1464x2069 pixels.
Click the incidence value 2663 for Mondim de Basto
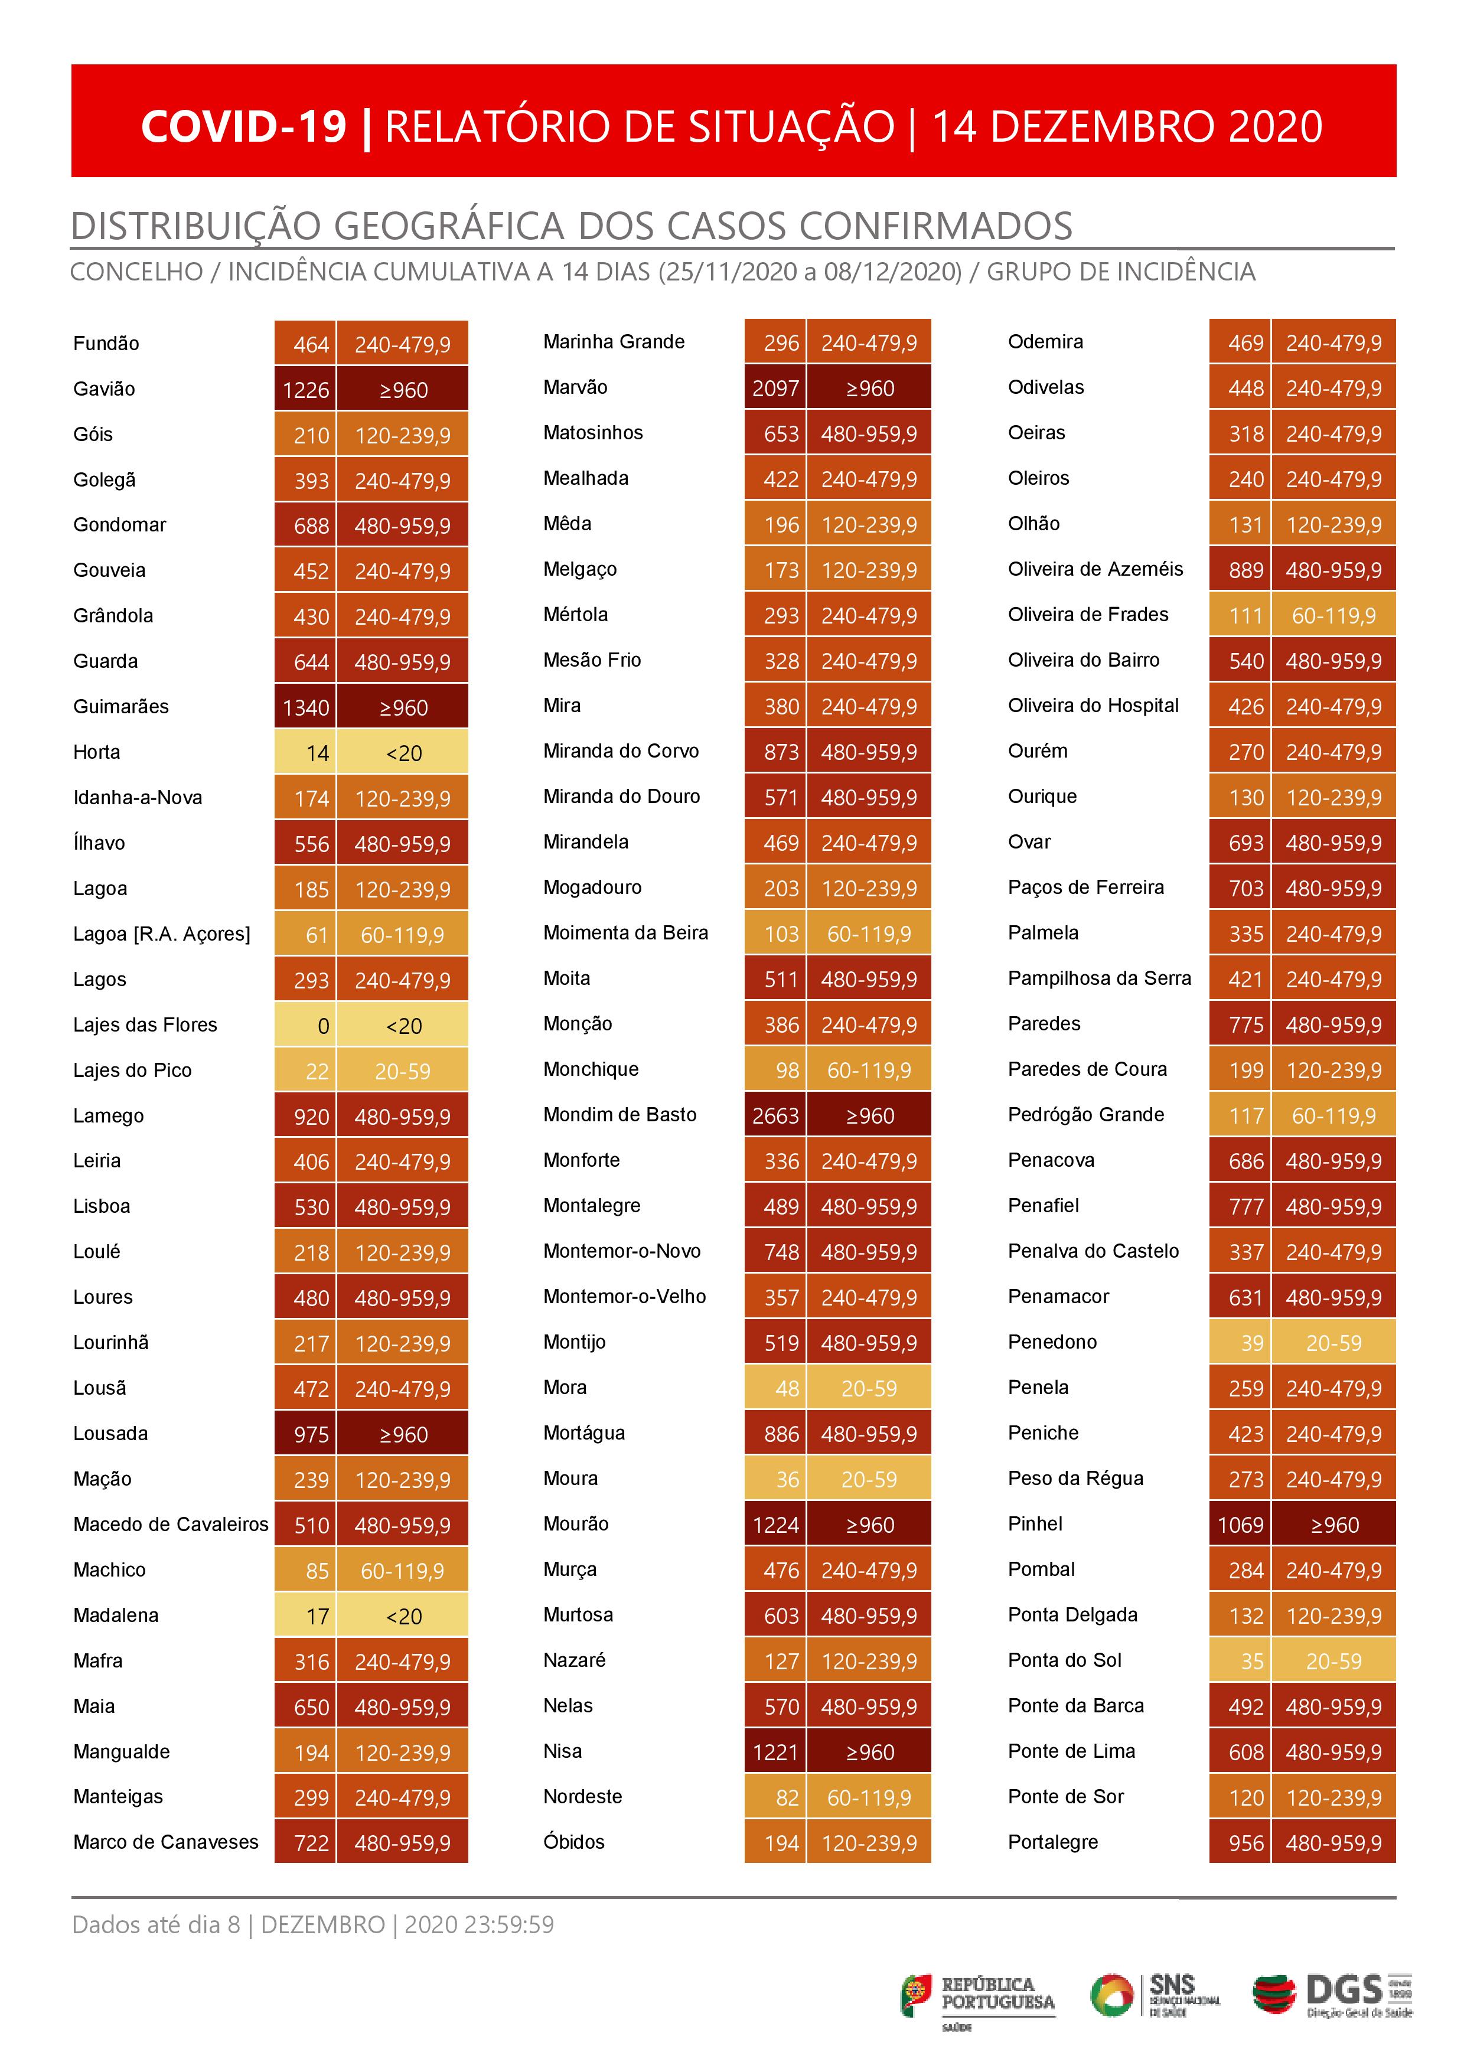(x=775, y=1115)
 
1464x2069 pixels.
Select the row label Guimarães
(x=121, y=706)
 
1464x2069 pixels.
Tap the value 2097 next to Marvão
(x=775, y=389)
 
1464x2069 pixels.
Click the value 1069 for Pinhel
(x=1240, y=1525)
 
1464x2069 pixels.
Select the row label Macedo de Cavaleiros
(x=171, y=1524)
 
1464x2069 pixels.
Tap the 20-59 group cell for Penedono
(x=1333, y=1343)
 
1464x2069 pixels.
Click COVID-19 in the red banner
(x=243, y=126)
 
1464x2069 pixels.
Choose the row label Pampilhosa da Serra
(x=1099, y=978)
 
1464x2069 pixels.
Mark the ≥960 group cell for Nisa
(x=869, y=1753)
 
